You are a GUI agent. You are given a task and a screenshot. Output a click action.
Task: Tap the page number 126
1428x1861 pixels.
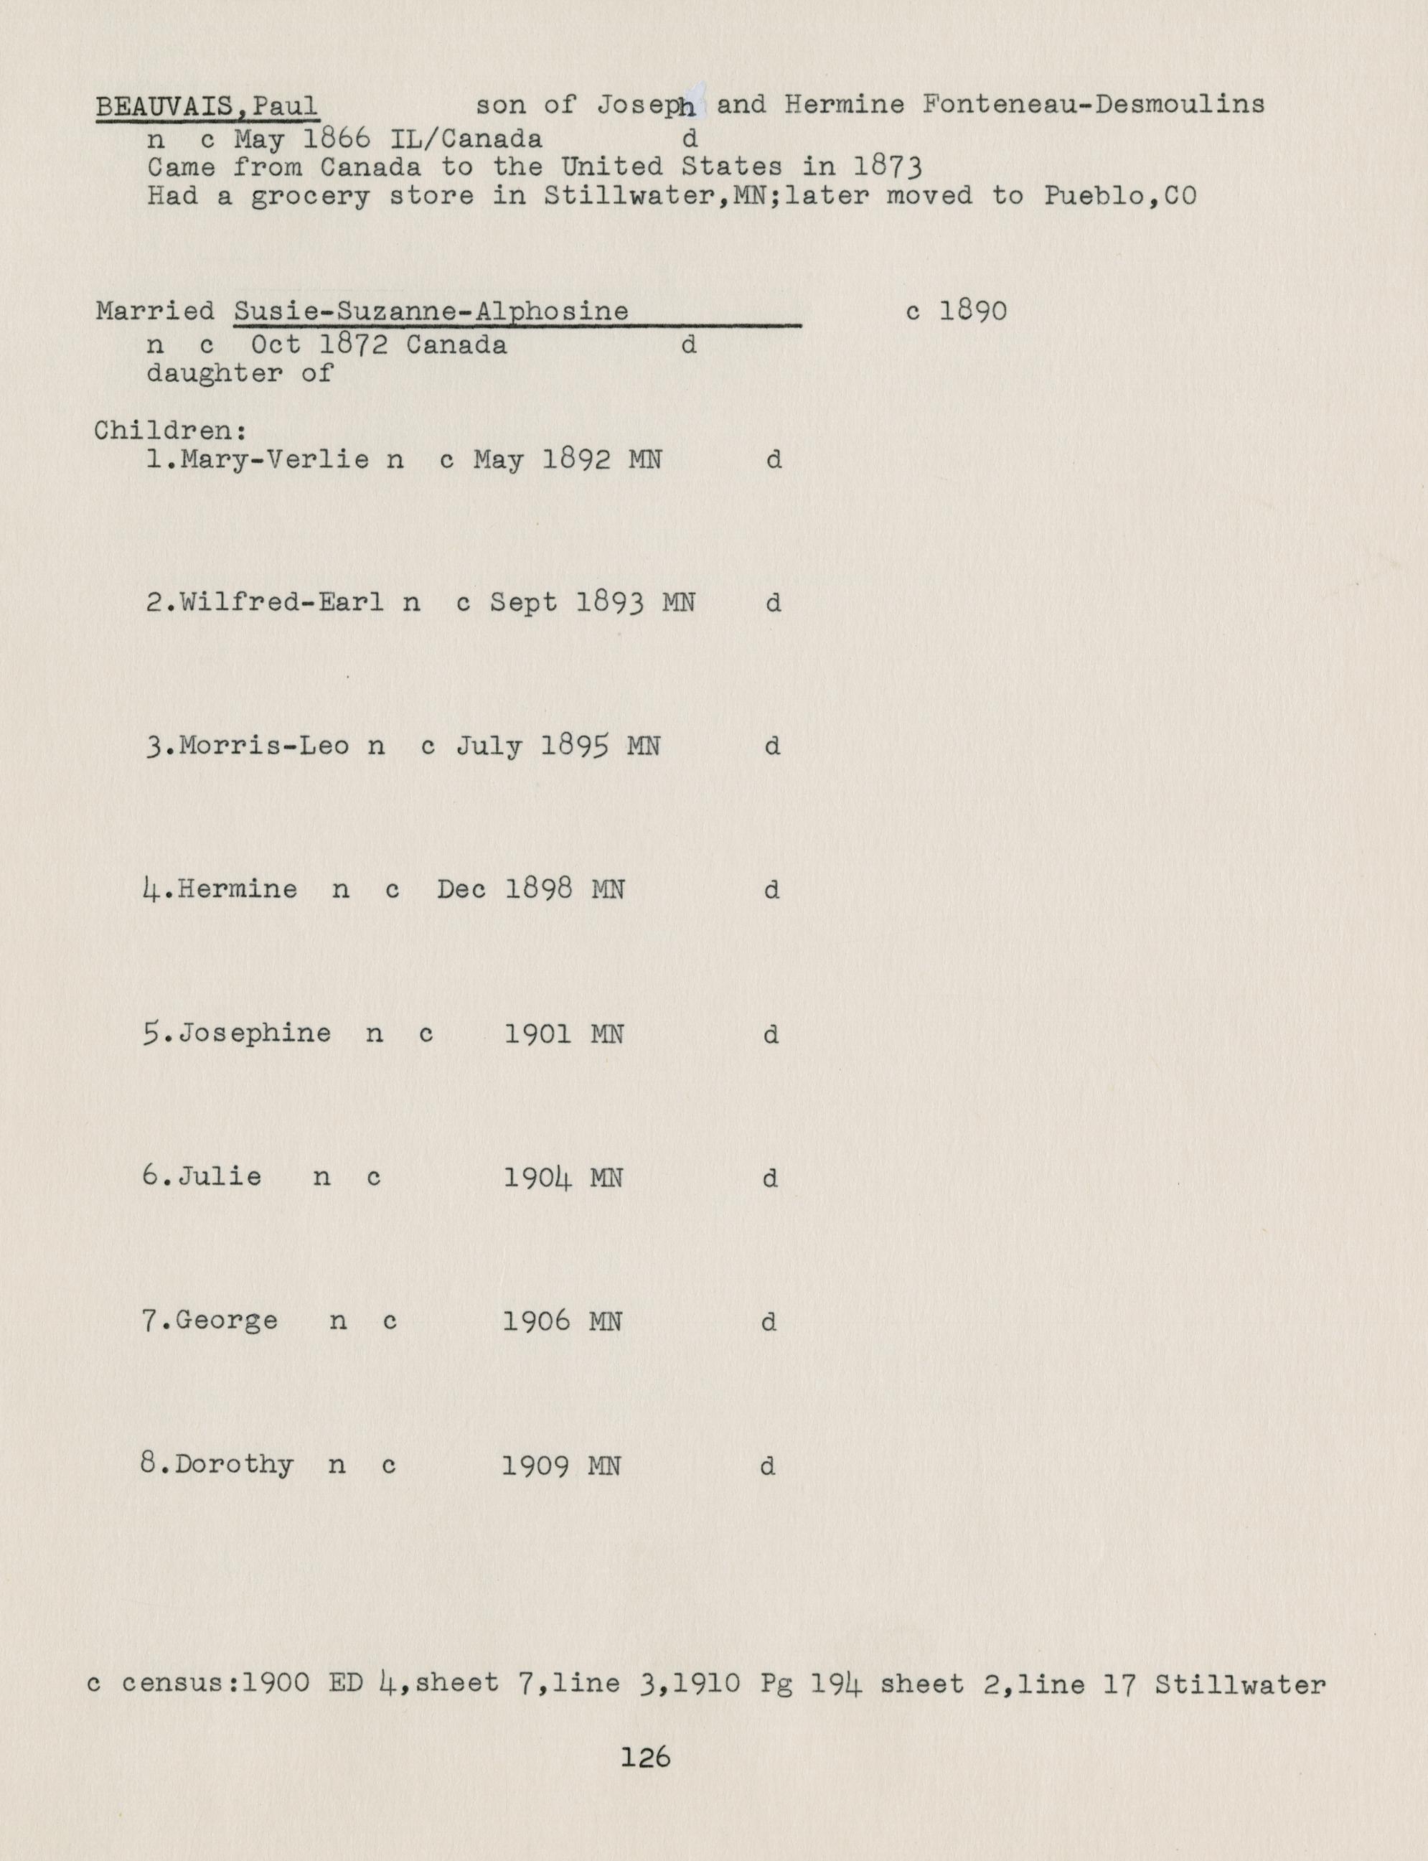click(645, 1757)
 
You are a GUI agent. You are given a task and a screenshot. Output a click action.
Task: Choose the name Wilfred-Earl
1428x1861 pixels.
click(281, 603)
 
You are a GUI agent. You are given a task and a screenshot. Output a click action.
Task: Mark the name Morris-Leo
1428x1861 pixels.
click(263, 746)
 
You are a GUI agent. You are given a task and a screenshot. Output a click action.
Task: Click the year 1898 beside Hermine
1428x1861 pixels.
click(538, 890)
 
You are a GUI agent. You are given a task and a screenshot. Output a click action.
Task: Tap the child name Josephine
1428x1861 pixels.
click(254, 1033)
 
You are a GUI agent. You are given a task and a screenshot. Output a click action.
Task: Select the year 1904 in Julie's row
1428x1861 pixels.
click(537, 1178)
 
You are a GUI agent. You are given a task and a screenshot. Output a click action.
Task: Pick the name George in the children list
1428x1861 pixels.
click(227, 1321)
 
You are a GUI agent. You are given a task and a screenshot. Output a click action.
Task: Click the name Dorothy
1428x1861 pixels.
click(234, 1465)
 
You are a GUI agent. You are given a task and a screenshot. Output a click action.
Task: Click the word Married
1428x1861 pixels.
click(156, 311)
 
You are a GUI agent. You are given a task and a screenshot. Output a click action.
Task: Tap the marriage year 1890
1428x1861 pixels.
click(972, 311)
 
